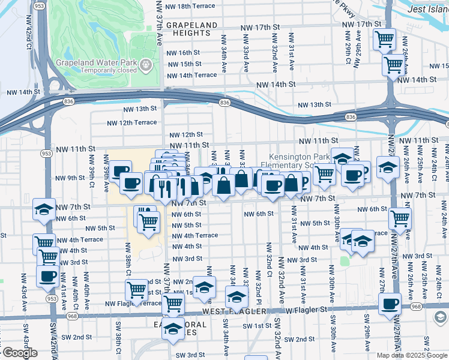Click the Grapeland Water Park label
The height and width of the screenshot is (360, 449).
95,62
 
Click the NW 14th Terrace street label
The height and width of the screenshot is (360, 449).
191,75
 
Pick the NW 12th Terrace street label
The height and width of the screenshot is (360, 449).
131,122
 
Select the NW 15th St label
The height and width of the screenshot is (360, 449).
184,64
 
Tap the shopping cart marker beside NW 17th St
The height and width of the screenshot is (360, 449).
384,40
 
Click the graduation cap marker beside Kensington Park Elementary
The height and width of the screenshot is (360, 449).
342,159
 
